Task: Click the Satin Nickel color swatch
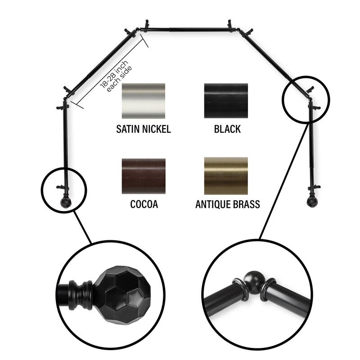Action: [144, 100]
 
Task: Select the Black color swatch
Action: [226, 100]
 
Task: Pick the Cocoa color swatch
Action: [144, 175]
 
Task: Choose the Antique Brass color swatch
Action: [226, 175]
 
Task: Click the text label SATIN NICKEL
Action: [144, 130]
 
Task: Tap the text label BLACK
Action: [227, 130]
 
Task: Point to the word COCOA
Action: [144, 205]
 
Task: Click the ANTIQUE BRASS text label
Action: [227, 205]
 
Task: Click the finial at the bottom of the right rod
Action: [310, 202]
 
